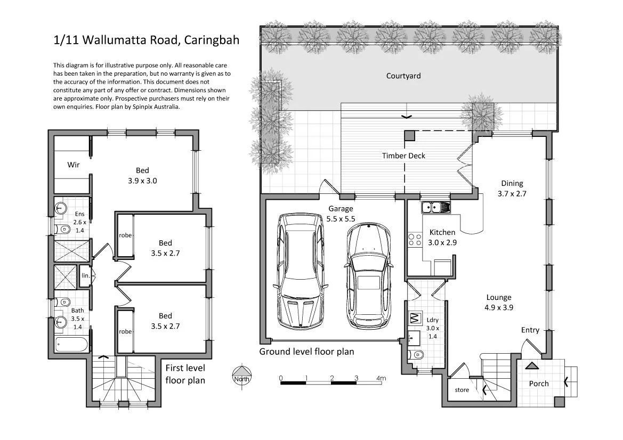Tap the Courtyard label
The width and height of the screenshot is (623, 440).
click(x=403, y=76)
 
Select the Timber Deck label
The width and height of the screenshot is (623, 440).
click(x=403, y=156)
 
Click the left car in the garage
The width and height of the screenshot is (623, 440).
click(x=300, y=271)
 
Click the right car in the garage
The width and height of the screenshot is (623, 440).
click(x=368, y=276)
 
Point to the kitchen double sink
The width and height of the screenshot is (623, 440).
click(x=435, y=207)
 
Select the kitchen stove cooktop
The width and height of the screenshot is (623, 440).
click(x=414, y=240)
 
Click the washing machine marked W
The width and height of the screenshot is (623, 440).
click(x=415, y=319)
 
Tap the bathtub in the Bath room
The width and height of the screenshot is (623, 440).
click(x=71, y=344)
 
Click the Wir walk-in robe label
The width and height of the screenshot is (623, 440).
click(x=74, y=165)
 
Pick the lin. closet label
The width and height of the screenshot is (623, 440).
click(x=85, y=276)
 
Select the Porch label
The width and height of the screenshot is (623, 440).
click(x=538, y=384)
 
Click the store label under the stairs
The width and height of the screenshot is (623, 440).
click(x=462, y=390)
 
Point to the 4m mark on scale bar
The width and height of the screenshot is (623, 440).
click(x=381, y=379)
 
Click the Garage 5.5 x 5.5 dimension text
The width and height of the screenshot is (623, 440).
click(x=341, y=218)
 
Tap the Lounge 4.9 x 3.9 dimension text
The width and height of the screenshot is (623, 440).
click(x=498, y=307)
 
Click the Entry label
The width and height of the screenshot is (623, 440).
click(x=530, y=330)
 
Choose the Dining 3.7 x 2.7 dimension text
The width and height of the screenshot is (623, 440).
click(x=512, y=193)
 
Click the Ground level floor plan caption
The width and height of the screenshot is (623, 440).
click(x=306, y=352)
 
